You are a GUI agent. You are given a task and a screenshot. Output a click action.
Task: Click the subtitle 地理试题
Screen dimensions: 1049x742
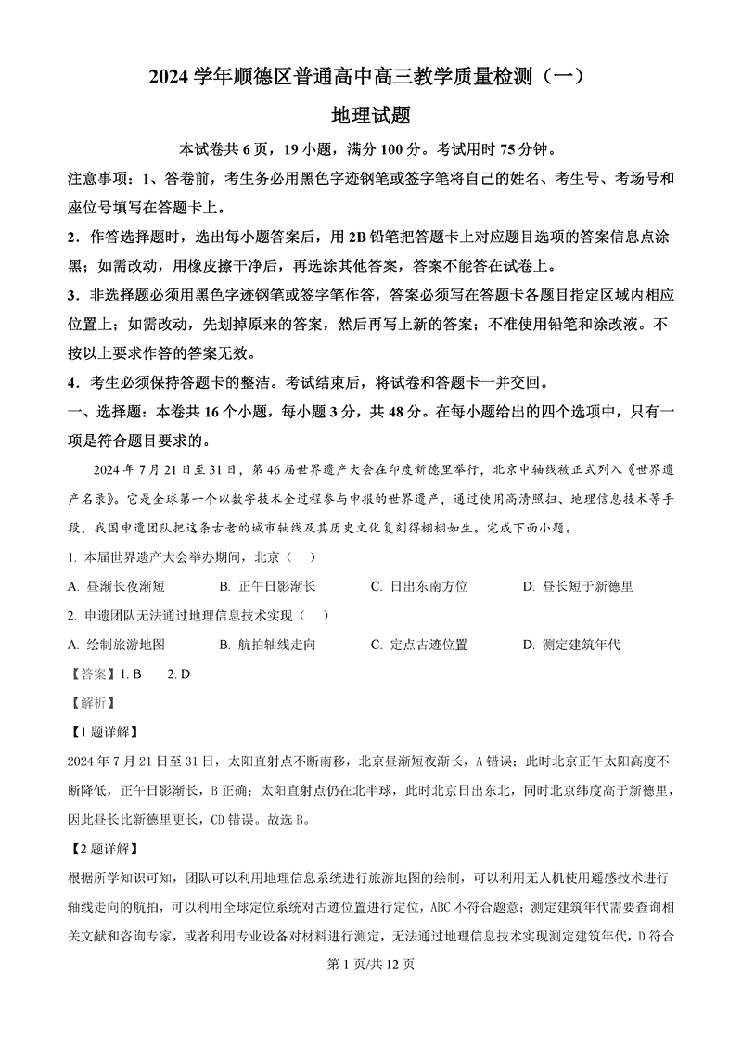(370, 116)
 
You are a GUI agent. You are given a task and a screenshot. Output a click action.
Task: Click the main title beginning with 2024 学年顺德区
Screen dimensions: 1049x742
(370, 79)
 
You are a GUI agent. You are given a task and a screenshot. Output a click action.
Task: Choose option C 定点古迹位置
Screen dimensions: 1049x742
(419, 644)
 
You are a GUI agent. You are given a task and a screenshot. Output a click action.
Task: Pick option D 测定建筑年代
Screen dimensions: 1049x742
(571, 644)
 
